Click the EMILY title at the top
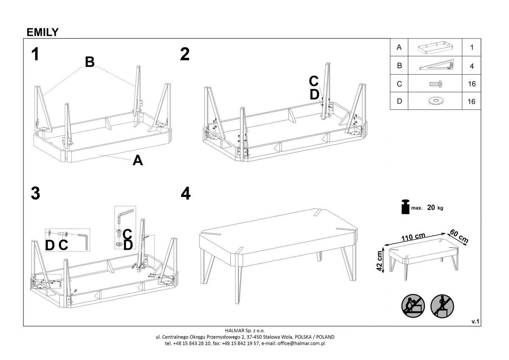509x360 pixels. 42,32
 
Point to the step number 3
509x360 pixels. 36,194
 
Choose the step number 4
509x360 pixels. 186,194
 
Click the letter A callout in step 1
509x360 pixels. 138,160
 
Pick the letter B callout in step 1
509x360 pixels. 89,62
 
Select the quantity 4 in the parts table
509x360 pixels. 472,66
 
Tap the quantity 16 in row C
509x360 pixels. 472,84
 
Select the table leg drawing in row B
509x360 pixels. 436,66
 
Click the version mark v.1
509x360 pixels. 475,322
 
